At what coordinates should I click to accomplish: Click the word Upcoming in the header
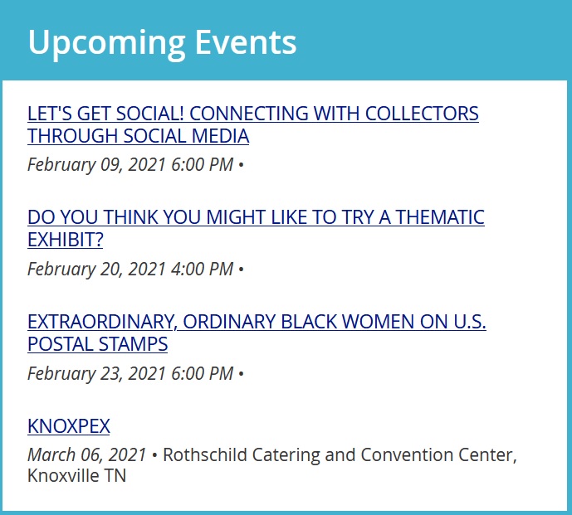coord(106,43)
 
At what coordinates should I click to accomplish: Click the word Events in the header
coord(246,42)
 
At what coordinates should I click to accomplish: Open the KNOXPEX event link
coord(69,425)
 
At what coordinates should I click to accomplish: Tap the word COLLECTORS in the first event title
coord(422,114)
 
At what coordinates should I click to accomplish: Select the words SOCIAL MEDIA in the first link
coord(186,136)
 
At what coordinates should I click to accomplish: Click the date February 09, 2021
coord(97,164)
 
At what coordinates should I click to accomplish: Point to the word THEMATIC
coord(440,217)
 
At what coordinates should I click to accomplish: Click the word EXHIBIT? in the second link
coord(66,240)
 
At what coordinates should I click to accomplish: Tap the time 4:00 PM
coord(202,269)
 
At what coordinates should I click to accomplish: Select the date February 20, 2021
coord(97,269)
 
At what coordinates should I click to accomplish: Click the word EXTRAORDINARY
coord(102,322)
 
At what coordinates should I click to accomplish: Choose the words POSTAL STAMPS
coord(97,344)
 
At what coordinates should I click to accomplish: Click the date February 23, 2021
coord(97,373)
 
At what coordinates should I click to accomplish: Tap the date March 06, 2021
coord(87,454)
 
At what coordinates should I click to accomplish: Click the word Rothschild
coord(205,454)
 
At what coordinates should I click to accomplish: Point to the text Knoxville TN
coord(76,476)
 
